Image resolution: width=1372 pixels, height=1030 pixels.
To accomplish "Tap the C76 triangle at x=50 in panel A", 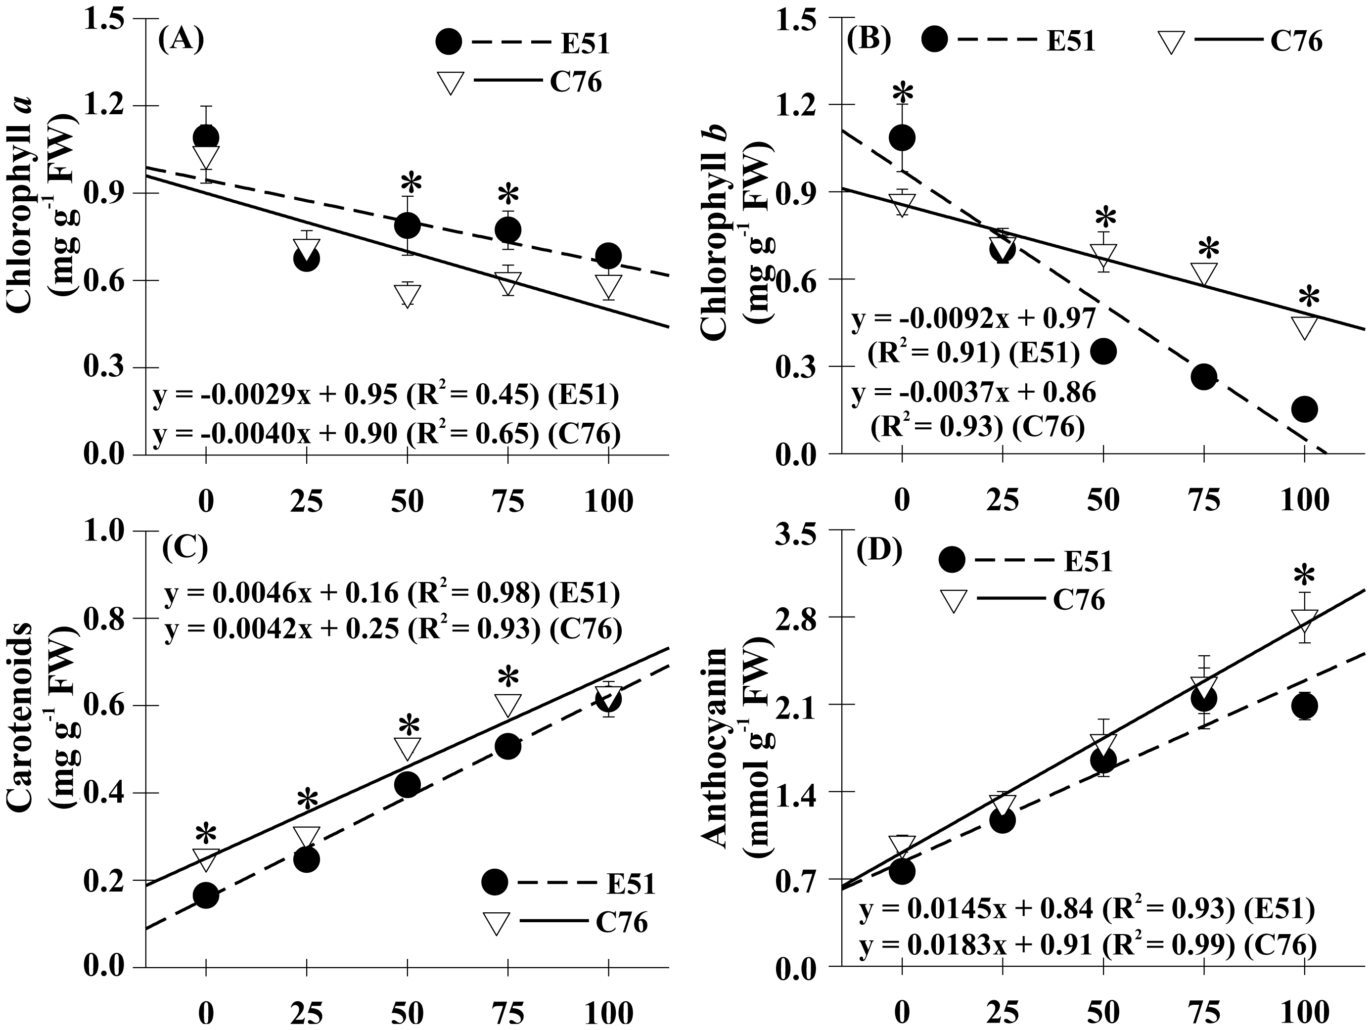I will click(x=408, y=295).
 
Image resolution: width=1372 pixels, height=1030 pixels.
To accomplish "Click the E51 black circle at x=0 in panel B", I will click(x=903, y=137).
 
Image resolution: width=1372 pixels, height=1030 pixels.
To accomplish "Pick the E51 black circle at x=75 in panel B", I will click(x=1204, y=376).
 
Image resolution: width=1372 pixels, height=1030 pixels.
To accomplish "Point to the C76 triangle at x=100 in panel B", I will click(x=1304, y=326).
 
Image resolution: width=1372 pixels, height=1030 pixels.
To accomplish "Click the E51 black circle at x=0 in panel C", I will click(x=206, y=895).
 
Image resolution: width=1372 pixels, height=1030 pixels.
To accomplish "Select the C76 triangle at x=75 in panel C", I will click(x=508, y=705).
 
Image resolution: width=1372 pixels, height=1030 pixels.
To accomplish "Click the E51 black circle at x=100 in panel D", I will click(x=1304, y=705).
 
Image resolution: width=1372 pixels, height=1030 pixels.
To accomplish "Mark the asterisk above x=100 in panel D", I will click(x=1304, y=575).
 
